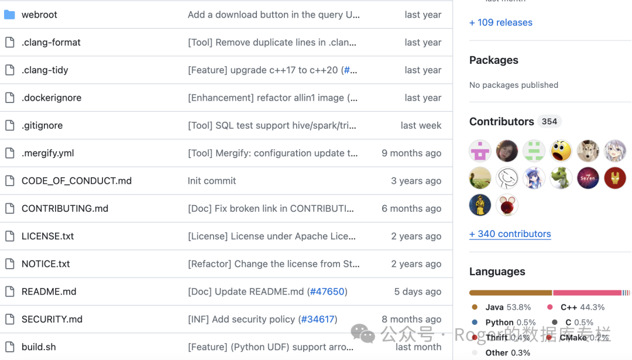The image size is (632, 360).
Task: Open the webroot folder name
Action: tap(39, 15)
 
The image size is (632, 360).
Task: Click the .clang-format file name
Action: tap(51, 42)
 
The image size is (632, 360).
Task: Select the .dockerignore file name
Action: tap(51, 98)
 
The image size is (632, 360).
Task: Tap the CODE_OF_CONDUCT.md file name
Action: tap(77, 181)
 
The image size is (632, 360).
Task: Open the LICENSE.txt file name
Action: tap(48, 236)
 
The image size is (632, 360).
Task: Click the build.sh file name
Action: tap(39, 347)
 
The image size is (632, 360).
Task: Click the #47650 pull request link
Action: tap(327, 292)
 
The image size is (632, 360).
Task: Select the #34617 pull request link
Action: tap(318, 320)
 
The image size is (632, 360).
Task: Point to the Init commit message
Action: tap(212, 181)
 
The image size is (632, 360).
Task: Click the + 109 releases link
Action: tap(501, 23)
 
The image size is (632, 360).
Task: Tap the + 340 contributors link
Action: tap(510, 234)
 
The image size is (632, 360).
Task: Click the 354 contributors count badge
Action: tap(549, 122)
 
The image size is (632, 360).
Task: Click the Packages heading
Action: tap(494, 60)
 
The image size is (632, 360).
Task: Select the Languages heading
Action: tap(497, 272)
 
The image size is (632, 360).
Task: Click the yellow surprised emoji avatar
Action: tap(561, 151)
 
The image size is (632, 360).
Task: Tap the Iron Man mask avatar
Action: tap(615, 178)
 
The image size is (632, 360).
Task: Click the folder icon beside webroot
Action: tap(9, 15)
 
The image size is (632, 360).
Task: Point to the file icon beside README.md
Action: tap(9, 292)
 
